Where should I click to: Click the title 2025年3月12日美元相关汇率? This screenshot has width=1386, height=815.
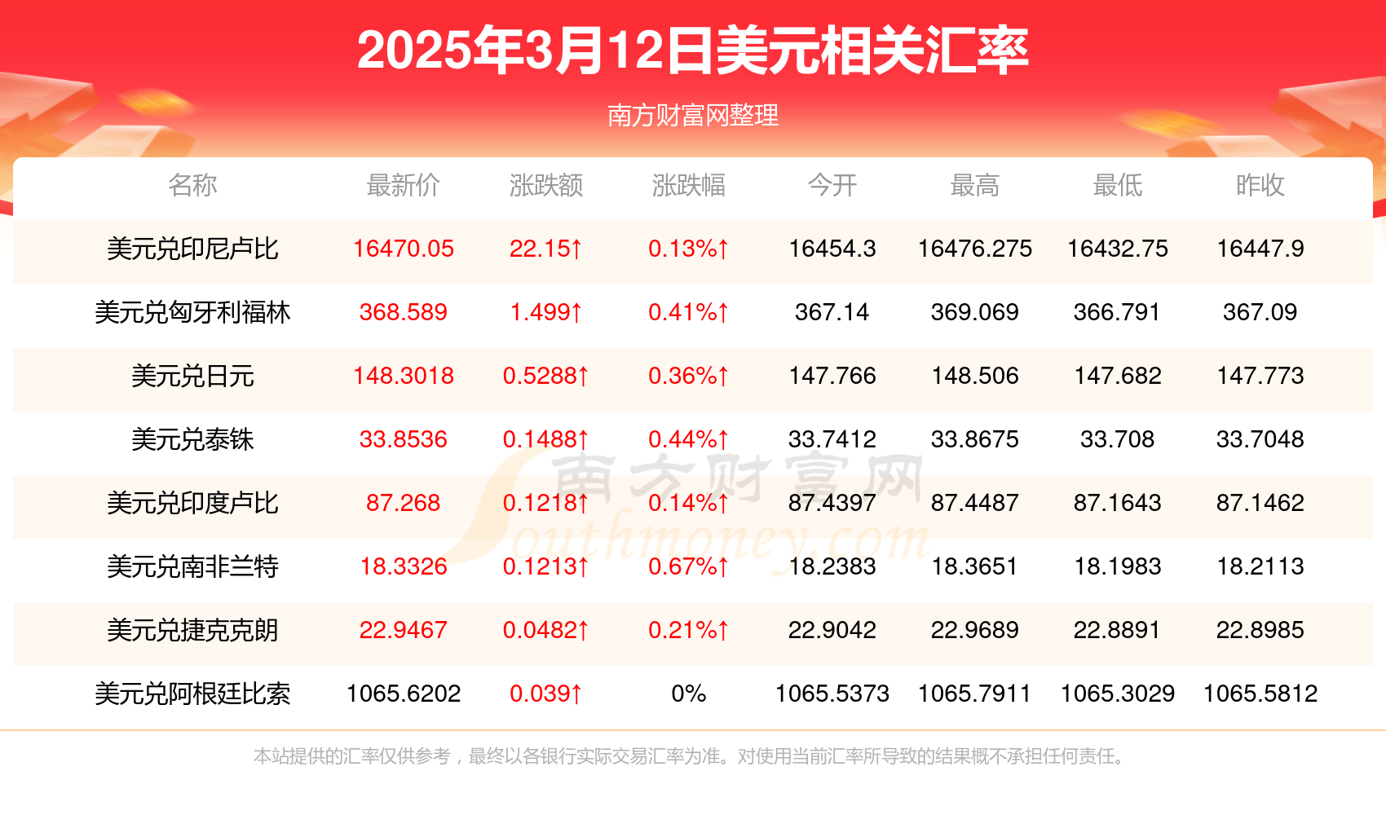[x=692, y=51]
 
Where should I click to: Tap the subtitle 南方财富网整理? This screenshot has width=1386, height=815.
[x=692, y=116]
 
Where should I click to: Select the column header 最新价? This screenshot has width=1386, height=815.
[x=403, y=186]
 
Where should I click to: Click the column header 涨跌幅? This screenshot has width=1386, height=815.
[x=688, y=186]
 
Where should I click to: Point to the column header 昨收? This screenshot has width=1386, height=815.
[x=1260, y=186]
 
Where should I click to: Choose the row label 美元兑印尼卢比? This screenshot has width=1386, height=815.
[x=192, y=249]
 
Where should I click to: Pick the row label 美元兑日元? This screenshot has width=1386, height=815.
[x=192, y=376]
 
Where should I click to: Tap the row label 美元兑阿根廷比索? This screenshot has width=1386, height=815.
[x=192, y=694]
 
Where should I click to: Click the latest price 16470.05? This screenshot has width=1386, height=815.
[x=403, y=249]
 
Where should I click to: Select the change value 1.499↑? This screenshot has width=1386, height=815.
[x=545, y=312]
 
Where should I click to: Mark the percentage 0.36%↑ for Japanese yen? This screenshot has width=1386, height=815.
[x=688, y=376]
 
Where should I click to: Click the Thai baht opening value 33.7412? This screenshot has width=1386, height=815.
[x=832, y=439]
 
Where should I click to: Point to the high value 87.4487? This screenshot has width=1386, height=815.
[x=974, y=503]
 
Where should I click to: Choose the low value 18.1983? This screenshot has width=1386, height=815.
[x=1117, y=566]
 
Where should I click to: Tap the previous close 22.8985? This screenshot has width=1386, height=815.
[x=1260, y=630]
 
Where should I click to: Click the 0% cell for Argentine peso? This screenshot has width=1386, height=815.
[x=688, y=694]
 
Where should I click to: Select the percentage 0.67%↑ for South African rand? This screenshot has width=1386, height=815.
[x=688, y=566]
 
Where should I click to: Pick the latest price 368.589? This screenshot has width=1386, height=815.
[x=403, y=312]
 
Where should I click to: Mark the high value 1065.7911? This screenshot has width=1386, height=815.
[x=974, y=694]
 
